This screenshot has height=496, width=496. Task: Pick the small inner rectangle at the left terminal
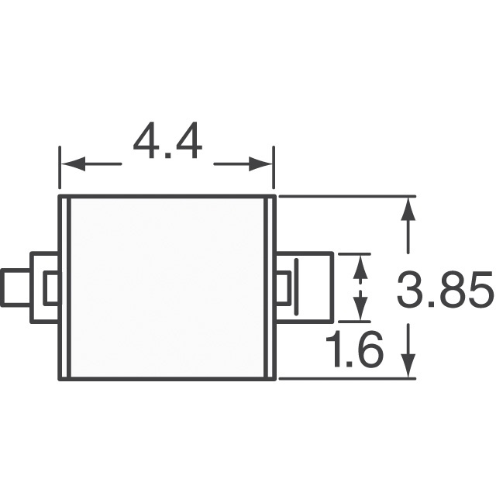click(x=52, y=288)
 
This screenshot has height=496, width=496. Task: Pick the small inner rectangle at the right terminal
click(x=284, y=288)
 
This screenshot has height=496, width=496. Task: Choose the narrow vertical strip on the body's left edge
click(x=66, y=288)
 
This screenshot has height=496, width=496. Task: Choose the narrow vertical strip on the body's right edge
click(x=271, y=288)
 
